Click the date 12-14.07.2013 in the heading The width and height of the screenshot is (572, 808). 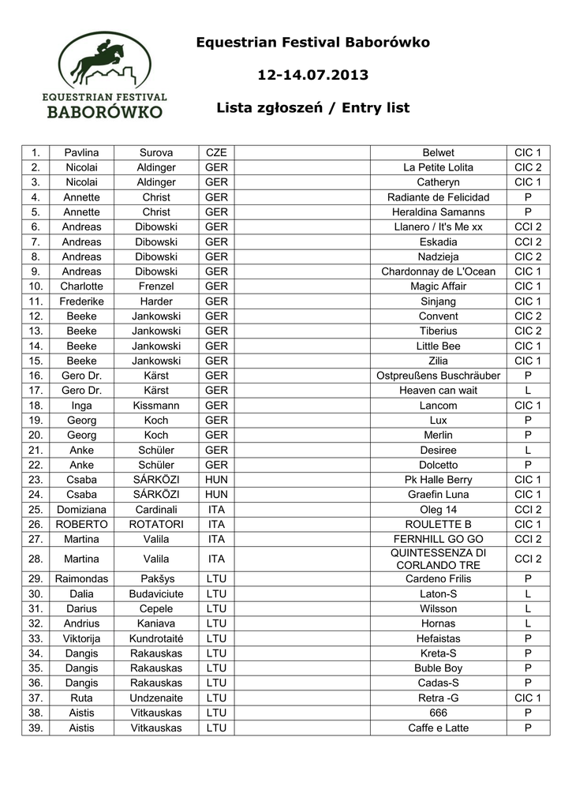tap(312, 76)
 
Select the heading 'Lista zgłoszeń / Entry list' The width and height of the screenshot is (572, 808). tap(312, 108)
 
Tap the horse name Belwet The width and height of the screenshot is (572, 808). tap(438, 152)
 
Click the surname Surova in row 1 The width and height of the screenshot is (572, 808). tap(156, 152)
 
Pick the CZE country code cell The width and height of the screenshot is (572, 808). tap(216, 152)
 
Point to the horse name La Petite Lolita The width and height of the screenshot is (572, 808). tap(438, 167)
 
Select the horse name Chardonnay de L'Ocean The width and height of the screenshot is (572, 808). tap(438, 271)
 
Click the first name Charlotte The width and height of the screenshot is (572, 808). tap(81, 286)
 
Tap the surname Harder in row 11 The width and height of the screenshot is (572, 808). tap(156, 301)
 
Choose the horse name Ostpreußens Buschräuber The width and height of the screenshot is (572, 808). tap(438, 376)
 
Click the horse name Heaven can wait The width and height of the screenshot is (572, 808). tap(438, 391)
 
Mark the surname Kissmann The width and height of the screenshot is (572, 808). tap(156, 406)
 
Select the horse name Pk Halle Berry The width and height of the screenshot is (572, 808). tap(438, 480)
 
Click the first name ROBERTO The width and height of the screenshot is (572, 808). tap(81, 524)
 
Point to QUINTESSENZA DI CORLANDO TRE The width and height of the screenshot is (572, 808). tap(438, 559)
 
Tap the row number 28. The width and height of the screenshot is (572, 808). tap(35, 559)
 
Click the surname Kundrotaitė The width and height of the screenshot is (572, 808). tap(156, 638)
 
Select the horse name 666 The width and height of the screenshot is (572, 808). tap(438, 713)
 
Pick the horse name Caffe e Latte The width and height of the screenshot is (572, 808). tap(438, 728)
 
